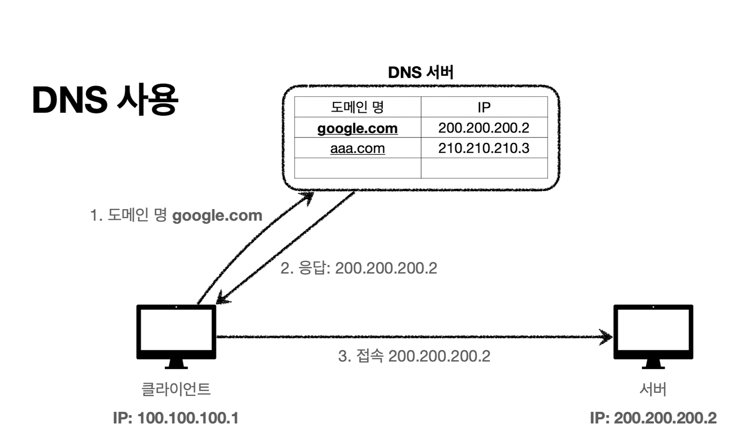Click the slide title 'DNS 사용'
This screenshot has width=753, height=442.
point(105,100)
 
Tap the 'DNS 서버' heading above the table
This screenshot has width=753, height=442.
point(420,72)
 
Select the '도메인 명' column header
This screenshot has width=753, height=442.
point(357,107)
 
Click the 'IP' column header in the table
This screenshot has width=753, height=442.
point(484,107)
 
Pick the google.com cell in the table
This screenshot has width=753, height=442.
point(357,128)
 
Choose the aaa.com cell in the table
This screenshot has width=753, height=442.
point(357,148)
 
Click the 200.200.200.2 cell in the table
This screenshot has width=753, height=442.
point(484,128)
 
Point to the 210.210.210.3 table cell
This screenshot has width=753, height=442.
point(484,148)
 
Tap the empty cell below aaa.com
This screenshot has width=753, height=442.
point(357,168)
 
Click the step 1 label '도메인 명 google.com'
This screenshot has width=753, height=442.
point(176,215)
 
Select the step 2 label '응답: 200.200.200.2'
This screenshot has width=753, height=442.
point(359,268)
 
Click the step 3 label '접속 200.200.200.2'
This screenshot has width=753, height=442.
point(414,356)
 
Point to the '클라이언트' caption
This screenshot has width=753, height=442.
point(176,389)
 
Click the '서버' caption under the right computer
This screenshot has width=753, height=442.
point(653,389)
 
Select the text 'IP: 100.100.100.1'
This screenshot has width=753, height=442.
point(176,418)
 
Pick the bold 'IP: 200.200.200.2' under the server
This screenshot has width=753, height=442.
point(653,418)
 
